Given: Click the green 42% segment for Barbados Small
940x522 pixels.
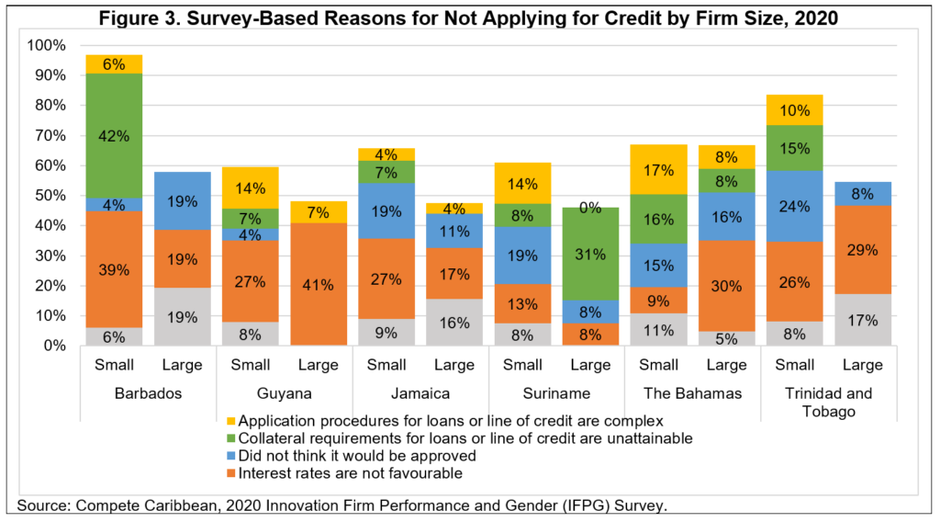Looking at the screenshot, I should click(115, 135).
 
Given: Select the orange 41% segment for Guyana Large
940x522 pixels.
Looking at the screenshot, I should click(319, 284).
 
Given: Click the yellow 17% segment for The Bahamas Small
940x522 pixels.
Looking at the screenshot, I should click(658, 169).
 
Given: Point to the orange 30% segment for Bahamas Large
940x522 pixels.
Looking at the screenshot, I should click(726, 285).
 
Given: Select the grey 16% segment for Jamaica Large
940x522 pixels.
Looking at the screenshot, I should click(454, 322).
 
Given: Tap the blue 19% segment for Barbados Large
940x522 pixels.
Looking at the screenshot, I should click(183, 200).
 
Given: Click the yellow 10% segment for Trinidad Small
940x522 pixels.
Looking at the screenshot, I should click(794, 110).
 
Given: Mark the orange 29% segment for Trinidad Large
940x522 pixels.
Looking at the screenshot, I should click(862, 249).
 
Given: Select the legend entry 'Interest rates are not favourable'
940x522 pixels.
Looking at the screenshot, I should click(350, 472).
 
